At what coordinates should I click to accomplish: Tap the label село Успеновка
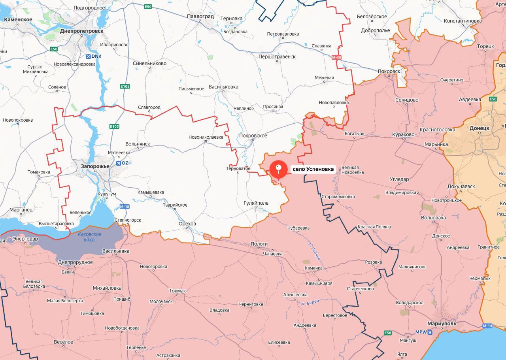(x=313, y=170)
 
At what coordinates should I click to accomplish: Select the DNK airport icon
(x=89, y=56)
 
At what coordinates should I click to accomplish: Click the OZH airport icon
(x=118, y=163)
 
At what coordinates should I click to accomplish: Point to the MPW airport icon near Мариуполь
(x=430, y=332)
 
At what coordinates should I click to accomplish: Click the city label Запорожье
(x=95, y=166)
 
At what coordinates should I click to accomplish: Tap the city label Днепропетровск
(x=82, y=30)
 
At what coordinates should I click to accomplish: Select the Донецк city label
(x=479, y=128)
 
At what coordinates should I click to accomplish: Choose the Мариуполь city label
(x=441, y=324)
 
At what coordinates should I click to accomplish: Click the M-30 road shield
(x=336, y=58)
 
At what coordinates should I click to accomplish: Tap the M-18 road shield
(x=124, y=207)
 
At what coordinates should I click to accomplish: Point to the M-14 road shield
(x=487, y=326)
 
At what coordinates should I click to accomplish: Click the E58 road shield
(x=388, y=333)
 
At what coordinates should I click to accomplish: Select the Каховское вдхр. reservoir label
(x=89, y=237)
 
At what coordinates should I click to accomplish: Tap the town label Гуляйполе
(x=256, y=203)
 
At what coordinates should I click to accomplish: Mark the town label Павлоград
(x=200, y=17)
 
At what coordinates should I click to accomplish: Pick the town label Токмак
(x=177, y=291)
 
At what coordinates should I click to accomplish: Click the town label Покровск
(x=389, y=72)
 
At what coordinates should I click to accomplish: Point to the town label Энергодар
(x=25, y=239)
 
